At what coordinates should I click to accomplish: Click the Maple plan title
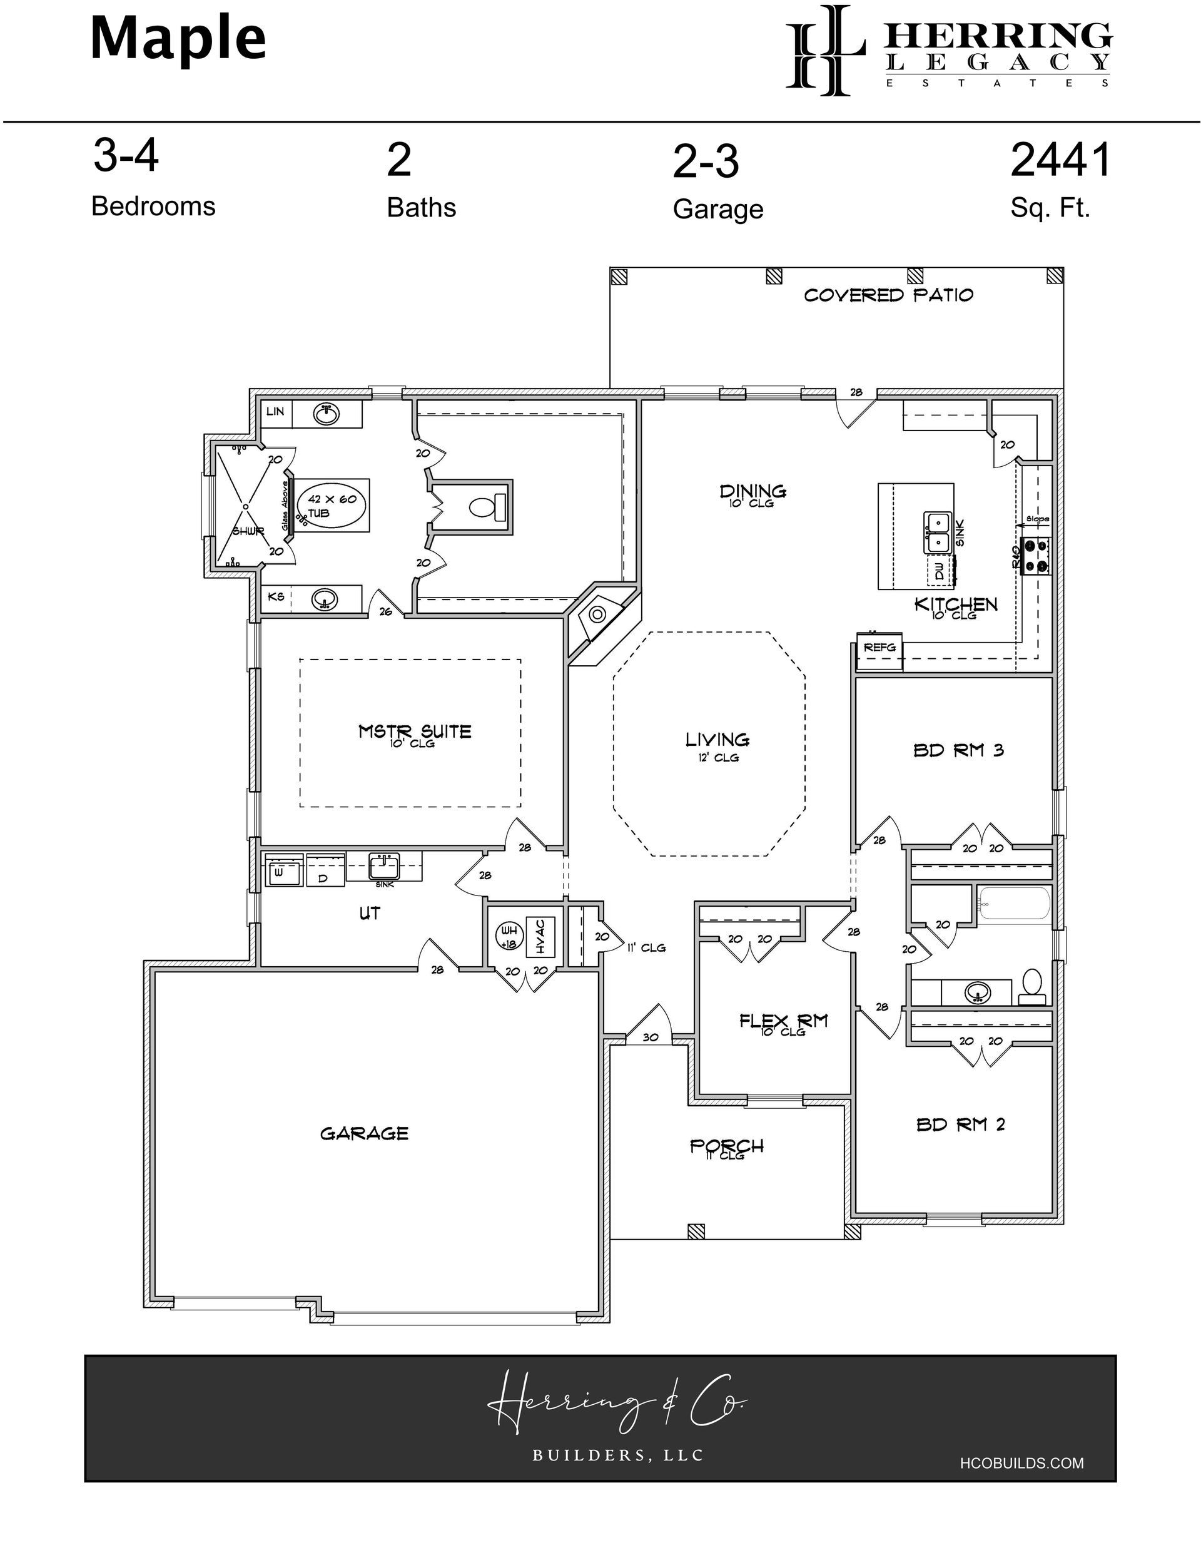pyautogui.click(x=178, y=39)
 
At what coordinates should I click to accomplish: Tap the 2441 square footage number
pyautogui.click(x=1060, y=160)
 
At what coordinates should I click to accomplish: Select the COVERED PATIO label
pyautogui.click(x=888, y=295)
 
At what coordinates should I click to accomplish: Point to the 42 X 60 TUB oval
pyautogui.click(x=332, y=505)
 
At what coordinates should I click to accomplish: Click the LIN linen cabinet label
pyautogui.click(x=275, y=412)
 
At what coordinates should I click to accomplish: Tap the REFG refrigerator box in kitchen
pyautogui.click(x=879, y=648)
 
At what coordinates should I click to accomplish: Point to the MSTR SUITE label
pyautogui.click(x=414, y=732)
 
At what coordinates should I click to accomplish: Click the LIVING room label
pyautogui.click(x=717, y=740)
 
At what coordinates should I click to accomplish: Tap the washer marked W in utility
pyautogui.click(x=283, y=872)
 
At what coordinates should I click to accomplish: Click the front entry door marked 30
pyautogui.click(x=650, y=1037)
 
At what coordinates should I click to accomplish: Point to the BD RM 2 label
pyautogui.click(x=960, y=1125)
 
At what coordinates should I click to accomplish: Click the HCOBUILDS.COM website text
pyautogui.click(x=1021, y=1463)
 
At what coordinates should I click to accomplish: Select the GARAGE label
pyautogui.click(x=364, y=1133)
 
